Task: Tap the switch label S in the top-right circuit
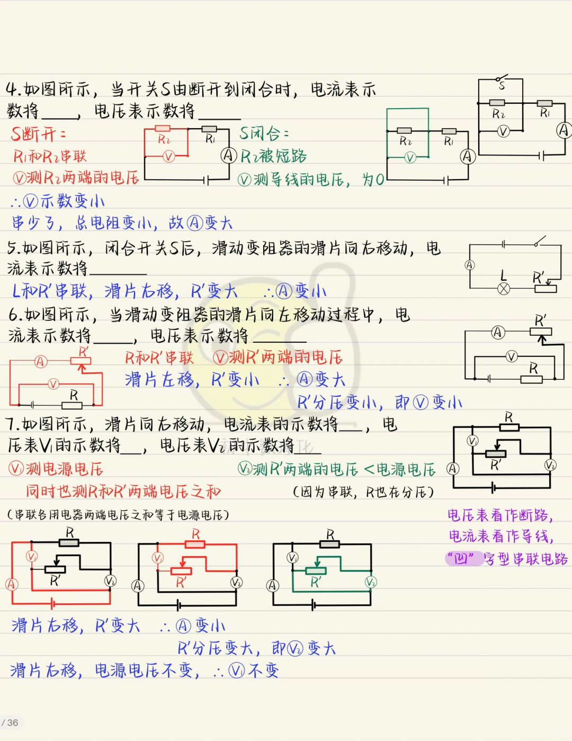pos(502,86)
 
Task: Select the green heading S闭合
pos(264,133)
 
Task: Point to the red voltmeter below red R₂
pos(168,157)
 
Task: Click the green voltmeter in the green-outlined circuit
pos(410,158)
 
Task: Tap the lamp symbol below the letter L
pos(504,289)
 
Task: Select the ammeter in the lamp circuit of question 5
pos(470,265)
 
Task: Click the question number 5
pos(12,248)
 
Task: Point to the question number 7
pos(12,425)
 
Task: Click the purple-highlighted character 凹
pos(461,559)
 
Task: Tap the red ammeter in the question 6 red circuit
pos(41,361)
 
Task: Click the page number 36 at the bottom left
pos(13,722)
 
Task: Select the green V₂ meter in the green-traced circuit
pos(371,582)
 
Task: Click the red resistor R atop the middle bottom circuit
pos(195,544)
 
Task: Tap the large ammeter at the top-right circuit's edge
pos(563,130)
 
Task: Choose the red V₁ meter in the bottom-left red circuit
pos(32,557)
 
